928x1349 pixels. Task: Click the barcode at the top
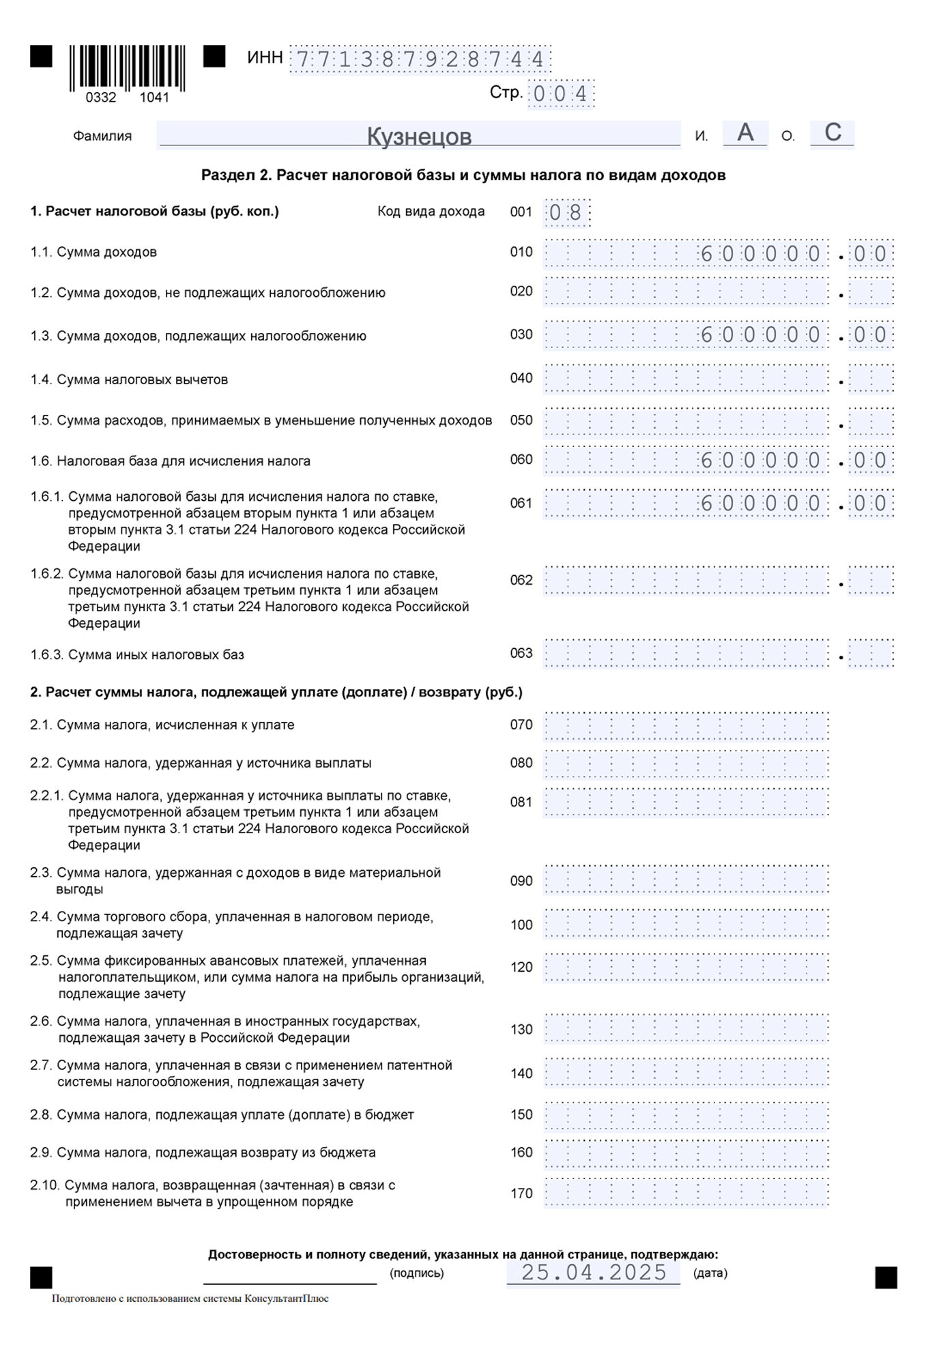tap(127, 68)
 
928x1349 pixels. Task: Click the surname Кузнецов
tap(419, 136)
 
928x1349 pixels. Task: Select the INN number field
tap(420, 60)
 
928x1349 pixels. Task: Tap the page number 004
tap(560, 94)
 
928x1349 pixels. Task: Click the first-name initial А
tap(745, 132)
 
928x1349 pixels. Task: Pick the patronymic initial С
tap(832, 132)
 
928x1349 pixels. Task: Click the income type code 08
tap(566, 213)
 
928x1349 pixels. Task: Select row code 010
tap(521, 252)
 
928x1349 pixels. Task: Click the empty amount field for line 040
tap(686, 379)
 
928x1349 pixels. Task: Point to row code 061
tap(521, 504)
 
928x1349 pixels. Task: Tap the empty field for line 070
tap(686, 726)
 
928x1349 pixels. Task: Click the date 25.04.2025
tap(594, 1273)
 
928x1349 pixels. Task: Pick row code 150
tap(521, 1115)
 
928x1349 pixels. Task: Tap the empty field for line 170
tap(686, 1193)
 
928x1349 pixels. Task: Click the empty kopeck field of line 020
tap(871, 293)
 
